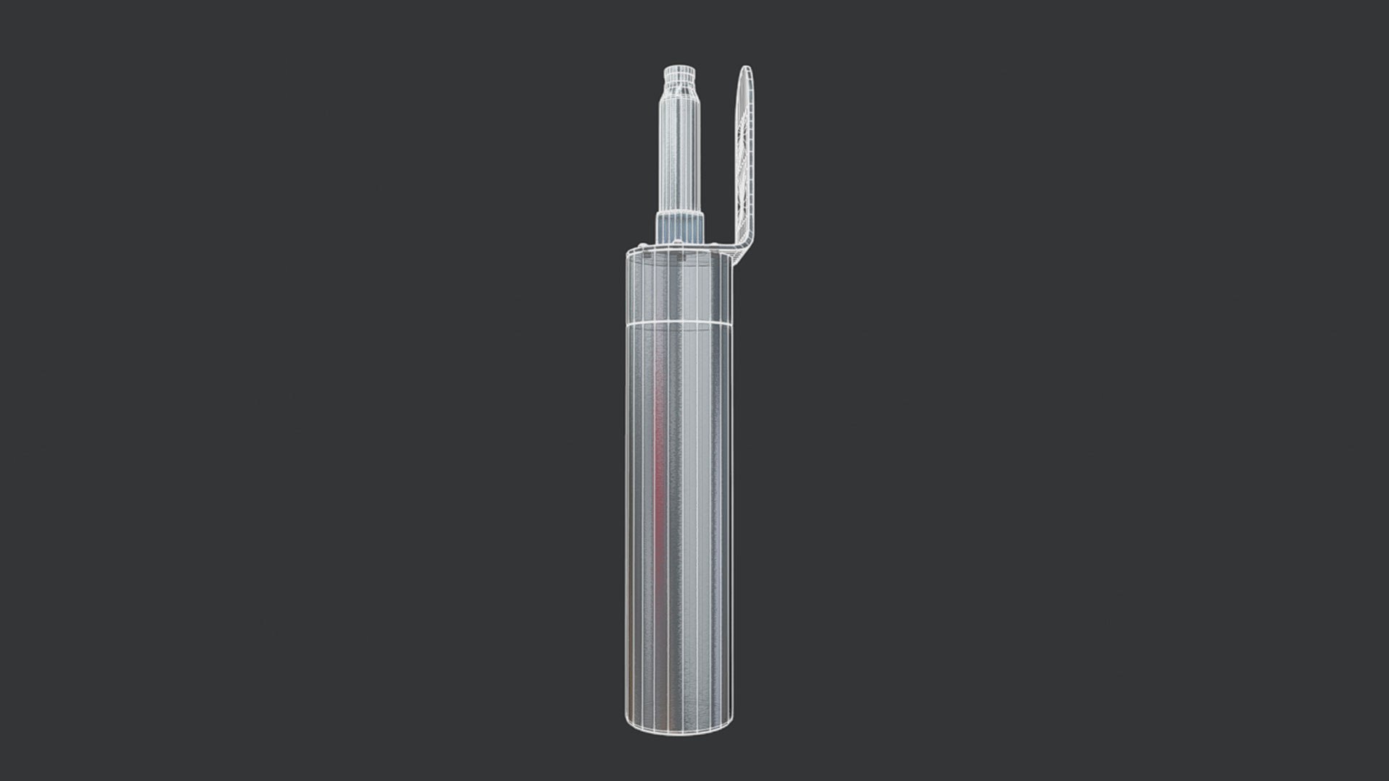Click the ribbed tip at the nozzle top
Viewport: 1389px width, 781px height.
coord(679,74)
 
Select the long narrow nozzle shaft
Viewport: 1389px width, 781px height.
coord(679,152)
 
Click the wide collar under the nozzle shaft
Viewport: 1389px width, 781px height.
coord(679,226)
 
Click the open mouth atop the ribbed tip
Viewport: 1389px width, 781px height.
coord(679,67)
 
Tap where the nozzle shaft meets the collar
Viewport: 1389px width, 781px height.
coord(679,213)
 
